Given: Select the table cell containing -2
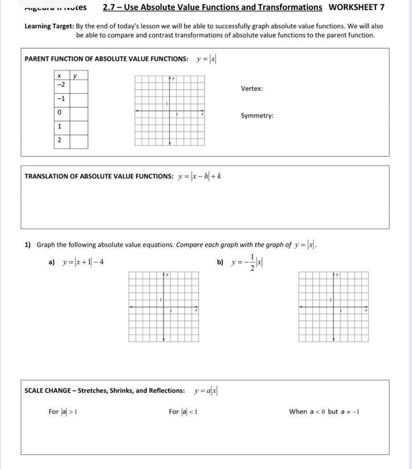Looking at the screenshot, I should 60,85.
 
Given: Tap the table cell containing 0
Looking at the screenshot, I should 60,113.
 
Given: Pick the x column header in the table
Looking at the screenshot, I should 60,75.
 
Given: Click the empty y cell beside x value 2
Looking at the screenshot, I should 78,141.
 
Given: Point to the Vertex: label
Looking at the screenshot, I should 252,88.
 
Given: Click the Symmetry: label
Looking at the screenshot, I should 257,116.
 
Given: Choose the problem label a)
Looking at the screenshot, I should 51,261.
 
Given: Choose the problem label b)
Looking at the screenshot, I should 220,261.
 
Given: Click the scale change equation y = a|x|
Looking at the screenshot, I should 210,391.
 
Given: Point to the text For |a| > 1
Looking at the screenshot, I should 64,411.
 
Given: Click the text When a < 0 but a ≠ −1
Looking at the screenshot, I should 324,411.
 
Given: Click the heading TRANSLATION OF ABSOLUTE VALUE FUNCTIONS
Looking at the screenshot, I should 98,176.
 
